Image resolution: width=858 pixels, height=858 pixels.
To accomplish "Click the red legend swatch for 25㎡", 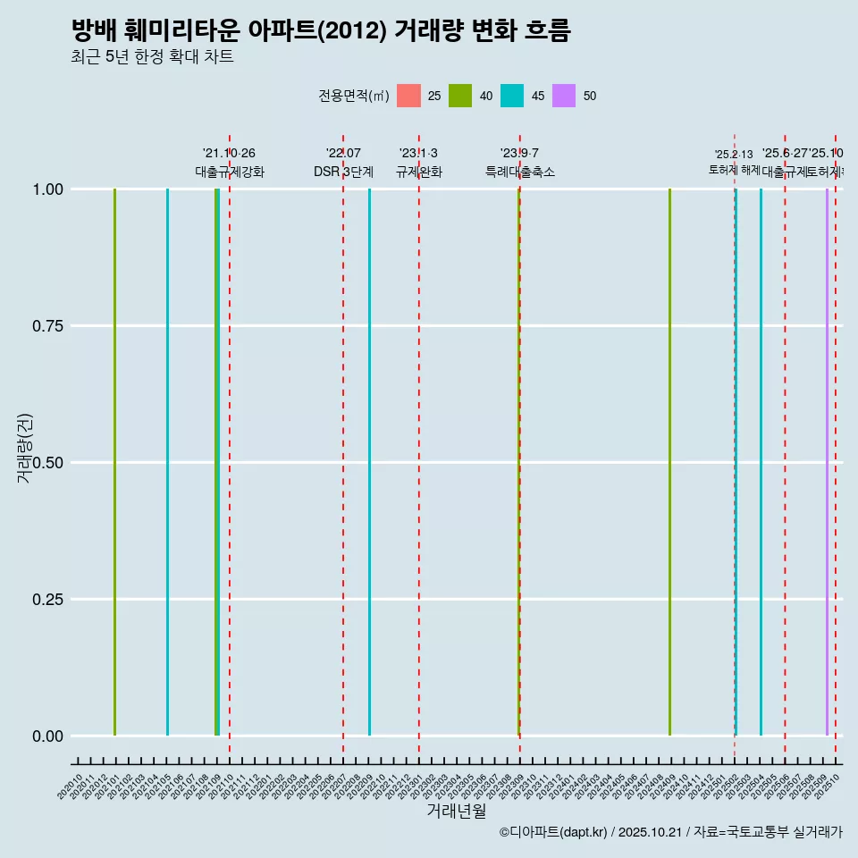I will coord(408,96).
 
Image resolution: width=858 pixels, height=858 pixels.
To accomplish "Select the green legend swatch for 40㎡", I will coord(460,96).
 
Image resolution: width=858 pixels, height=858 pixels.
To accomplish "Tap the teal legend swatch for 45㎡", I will coord(512,96).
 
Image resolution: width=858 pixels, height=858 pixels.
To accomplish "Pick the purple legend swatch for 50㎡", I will coord(564,96).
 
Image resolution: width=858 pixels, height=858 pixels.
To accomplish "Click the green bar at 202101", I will coord(115,462).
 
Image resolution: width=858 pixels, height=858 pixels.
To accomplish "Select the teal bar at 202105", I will coord(167,462).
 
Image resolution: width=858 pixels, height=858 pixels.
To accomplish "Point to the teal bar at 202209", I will coord(370,462).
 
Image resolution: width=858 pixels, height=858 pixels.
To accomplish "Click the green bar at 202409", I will coord(669,462).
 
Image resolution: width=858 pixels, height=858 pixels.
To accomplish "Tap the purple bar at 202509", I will coord(827,462).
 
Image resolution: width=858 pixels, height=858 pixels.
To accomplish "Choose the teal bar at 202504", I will coord(761,462).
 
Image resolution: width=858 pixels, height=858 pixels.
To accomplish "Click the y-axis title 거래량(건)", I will coord(24,449).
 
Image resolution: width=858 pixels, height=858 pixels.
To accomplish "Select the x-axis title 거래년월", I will coord(456,812).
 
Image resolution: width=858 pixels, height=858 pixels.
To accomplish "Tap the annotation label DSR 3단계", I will coord(343,172).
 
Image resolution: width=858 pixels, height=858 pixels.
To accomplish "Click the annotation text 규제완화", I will coord(418,172).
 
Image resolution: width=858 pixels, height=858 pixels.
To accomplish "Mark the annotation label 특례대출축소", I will coord(519,172).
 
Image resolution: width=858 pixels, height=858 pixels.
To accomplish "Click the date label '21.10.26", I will coord(229,153).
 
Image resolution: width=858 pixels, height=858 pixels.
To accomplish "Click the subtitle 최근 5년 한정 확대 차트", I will coord(152,57).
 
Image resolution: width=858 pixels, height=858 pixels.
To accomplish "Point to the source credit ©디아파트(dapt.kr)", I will coord(553,832).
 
